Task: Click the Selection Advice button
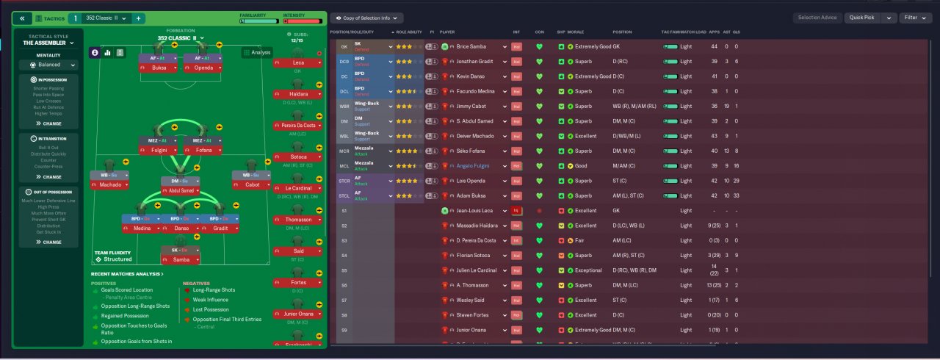817,18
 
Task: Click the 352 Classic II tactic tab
106,18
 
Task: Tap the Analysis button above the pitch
257,52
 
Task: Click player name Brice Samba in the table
471,46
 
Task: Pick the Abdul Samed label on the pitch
181,190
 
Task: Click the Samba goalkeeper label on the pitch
181,259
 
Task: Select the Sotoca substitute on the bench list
298,156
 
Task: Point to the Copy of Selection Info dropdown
366,18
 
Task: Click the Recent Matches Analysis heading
127,274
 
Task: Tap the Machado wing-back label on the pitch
110,184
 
